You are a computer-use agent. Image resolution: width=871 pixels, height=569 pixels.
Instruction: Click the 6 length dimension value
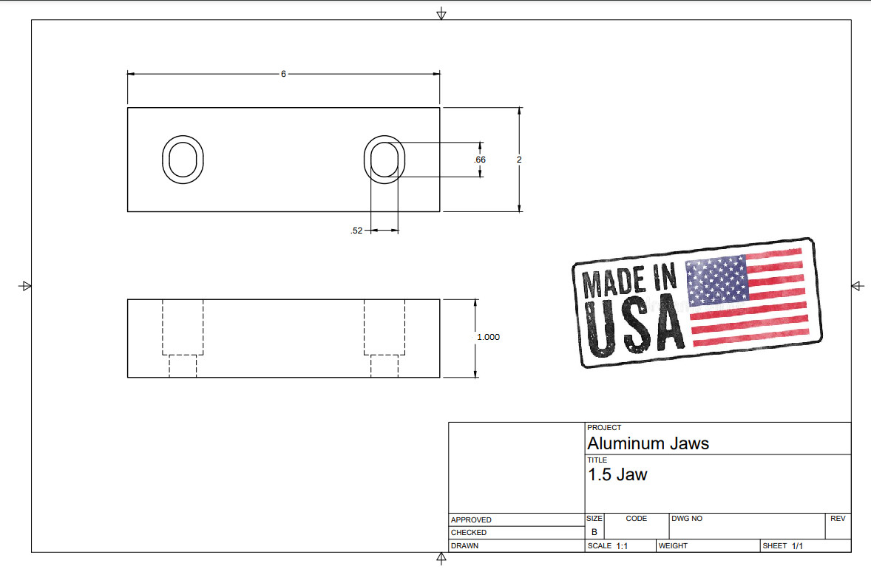click(x=283, y=74)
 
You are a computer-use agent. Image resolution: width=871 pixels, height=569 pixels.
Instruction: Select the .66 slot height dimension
click(x=480, y=160)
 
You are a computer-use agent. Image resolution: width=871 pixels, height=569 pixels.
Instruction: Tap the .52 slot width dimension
click(x=356, y=231)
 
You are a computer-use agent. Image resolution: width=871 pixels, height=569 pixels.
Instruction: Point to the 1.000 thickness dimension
click(x=488, y=337)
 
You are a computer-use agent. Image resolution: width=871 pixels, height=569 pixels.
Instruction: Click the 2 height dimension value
click(x=519, y=160)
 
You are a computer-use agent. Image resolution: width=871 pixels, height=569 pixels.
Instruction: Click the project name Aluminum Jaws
click(x=648, y=443)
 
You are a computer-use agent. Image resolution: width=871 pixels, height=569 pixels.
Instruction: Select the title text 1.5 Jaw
click(x=617, y=474)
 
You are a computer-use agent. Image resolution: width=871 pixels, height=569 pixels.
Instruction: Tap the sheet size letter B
click(x=594, y=532)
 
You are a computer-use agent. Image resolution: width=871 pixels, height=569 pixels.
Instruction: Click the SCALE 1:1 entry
click(x=608, y=546)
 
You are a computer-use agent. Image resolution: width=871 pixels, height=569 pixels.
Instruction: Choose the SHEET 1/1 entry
click(x=782, y=546)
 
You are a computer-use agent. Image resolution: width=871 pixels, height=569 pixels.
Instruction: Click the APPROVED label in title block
click(x=471, y=520)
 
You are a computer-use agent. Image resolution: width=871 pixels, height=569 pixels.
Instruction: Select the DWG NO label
click(x=688, y=519)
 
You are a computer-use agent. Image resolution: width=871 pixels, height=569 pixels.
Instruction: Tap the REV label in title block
click(x=837, y=519)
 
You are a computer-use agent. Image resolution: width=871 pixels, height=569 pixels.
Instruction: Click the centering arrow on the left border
click(x=25, y=286)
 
